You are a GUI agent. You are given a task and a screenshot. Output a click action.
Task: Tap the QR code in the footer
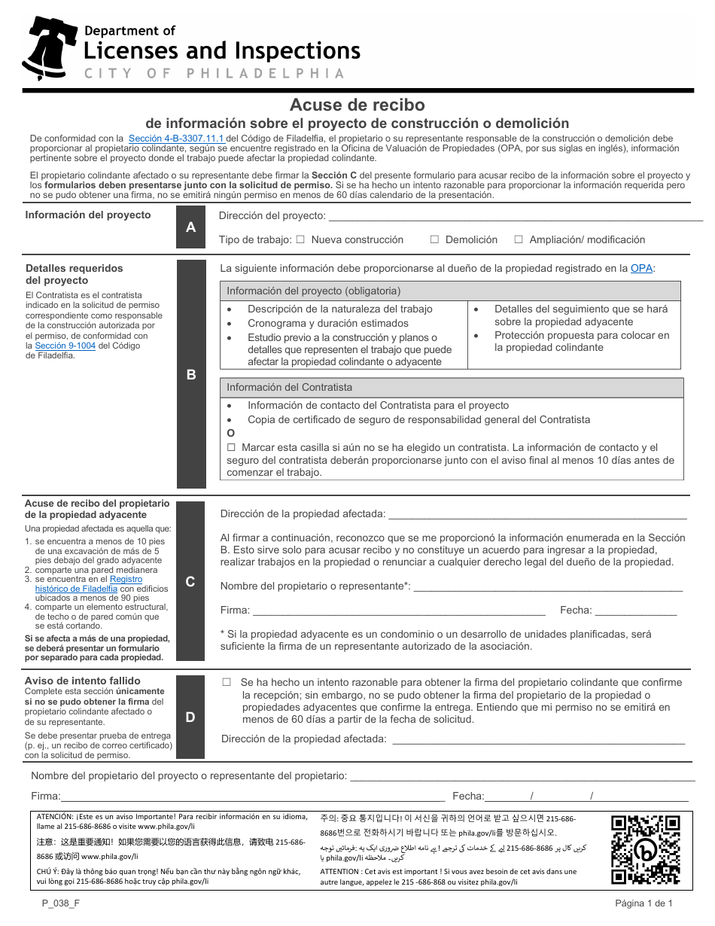(645, 849)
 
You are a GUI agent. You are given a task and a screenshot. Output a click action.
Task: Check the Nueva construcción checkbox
(300, 239)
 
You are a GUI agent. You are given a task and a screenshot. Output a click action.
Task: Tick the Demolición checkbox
(434, 239)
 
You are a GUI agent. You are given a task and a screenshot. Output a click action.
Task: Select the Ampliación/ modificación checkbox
(519, 239)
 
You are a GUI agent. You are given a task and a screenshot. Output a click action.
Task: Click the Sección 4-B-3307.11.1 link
(177, 139)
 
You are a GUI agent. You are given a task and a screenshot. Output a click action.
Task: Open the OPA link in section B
(641, 268)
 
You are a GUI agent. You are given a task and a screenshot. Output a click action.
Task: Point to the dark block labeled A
(190, 227)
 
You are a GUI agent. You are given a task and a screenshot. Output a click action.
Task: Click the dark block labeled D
(190, 717)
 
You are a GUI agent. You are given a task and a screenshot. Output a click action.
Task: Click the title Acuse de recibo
(357, 105)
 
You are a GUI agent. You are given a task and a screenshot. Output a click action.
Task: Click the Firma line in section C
(398, 611)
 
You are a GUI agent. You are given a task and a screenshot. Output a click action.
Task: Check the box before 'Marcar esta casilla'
(231, 447)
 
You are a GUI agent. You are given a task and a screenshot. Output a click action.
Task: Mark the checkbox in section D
(227, 682)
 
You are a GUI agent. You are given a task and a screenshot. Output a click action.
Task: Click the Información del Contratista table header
(452, 387)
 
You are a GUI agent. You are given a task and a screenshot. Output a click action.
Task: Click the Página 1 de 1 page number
(643, 903)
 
